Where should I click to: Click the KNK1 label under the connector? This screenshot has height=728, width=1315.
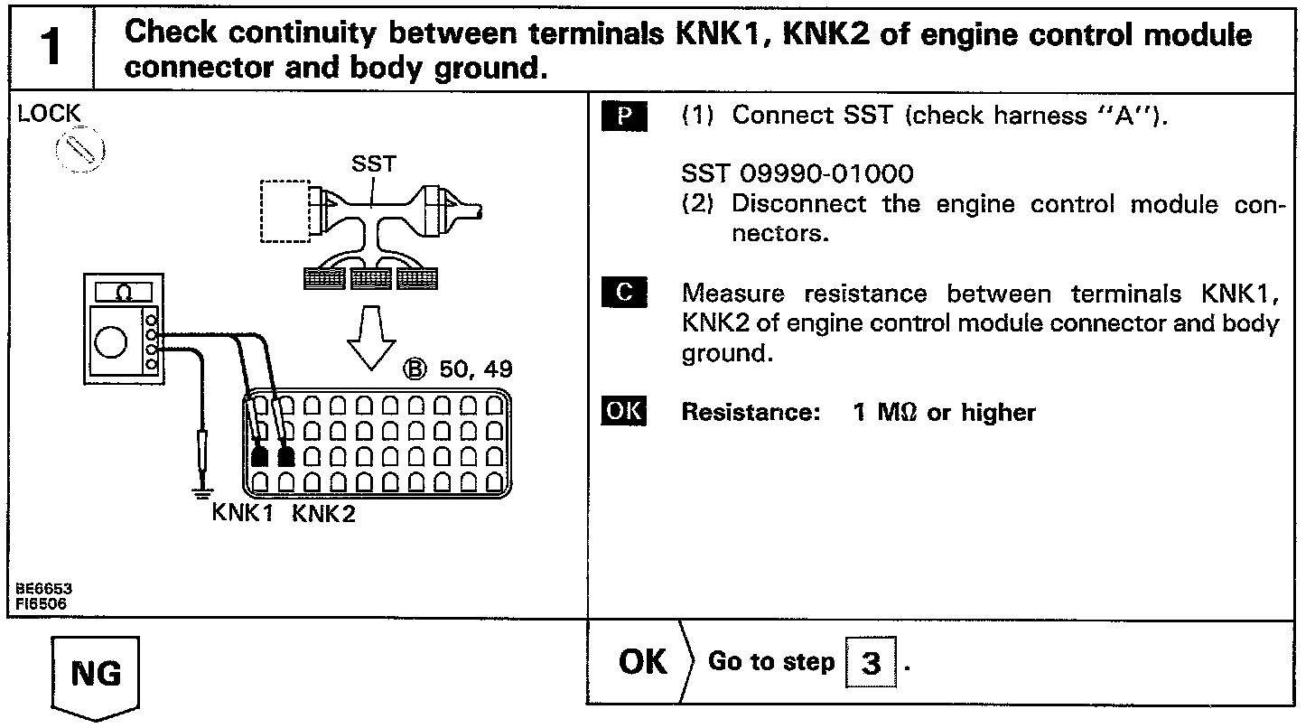pos(243,513)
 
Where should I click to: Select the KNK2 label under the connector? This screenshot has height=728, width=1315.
pos(324,513)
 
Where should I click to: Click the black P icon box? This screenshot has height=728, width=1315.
pos(624,117)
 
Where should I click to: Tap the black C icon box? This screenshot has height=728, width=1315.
pos(624,293)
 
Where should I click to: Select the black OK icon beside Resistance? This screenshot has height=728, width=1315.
pos(624,412)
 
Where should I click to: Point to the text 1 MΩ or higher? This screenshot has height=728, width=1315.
pos(944,413)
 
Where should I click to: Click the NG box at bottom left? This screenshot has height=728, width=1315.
pos(95,675)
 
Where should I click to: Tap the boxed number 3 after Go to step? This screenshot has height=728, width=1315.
pos(871,664)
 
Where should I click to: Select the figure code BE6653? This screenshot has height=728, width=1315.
pos(43,588)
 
